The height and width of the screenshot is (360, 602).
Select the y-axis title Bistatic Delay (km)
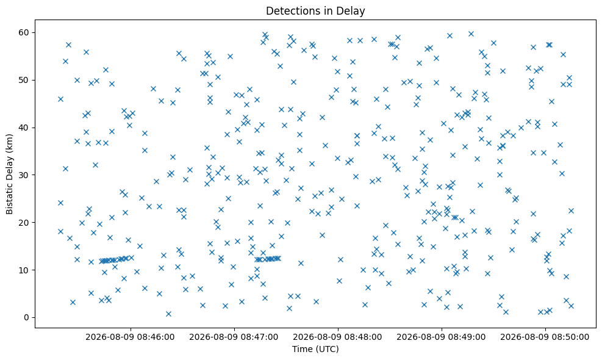point(10,174)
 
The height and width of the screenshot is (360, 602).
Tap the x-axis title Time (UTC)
point(315,349)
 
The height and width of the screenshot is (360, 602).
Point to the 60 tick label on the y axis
point(24,33)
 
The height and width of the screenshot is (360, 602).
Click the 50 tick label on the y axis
point(24,81)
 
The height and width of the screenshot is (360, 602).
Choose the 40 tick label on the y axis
point(24,128)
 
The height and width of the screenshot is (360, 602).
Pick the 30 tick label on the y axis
point(24,175)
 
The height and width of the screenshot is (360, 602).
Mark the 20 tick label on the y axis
point(24,223)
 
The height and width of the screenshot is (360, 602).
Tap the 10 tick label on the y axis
point(24,270)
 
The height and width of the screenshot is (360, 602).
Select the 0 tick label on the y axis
point(27,318)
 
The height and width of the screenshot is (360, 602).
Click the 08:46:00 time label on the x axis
point(131,337)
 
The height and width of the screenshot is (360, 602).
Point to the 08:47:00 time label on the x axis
point(234,337)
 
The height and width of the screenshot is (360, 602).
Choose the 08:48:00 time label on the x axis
point(338,337)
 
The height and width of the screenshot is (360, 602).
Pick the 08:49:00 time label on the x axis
point(442,337)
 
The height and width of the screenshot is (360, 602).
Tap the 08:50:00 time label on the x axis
point(545,337)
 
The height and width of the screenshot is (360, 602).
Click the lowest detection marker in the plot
point(168,314)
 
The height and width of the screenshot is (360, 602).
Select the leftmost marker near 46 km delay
point(60,99)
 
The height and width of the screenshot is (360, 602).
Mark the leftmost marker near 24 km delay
point(60,203)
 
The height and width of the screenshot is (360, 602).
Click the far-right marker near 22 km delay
point(571,211)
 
